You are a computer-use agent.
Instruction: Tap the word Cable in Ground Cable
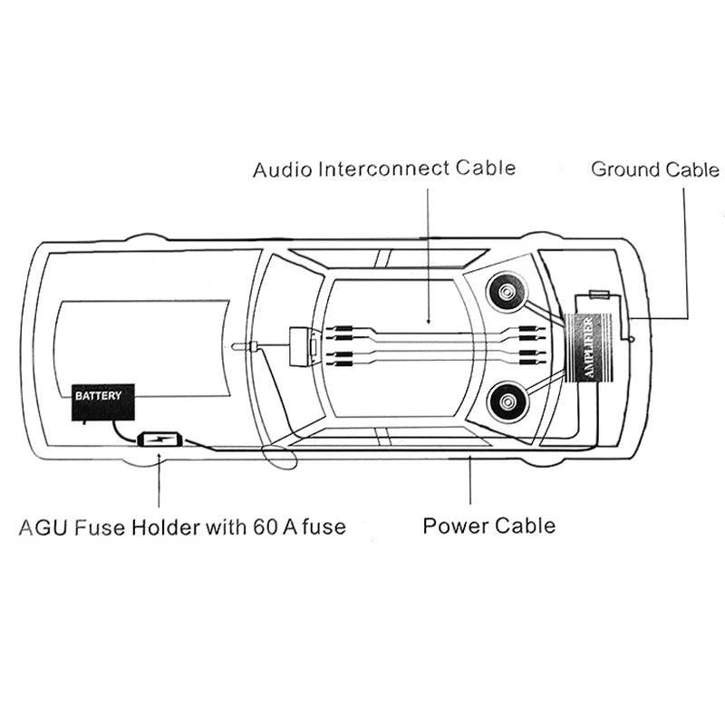[693, 169]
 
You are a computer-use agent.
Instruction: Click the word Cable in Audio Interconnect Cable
[487, 168]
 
